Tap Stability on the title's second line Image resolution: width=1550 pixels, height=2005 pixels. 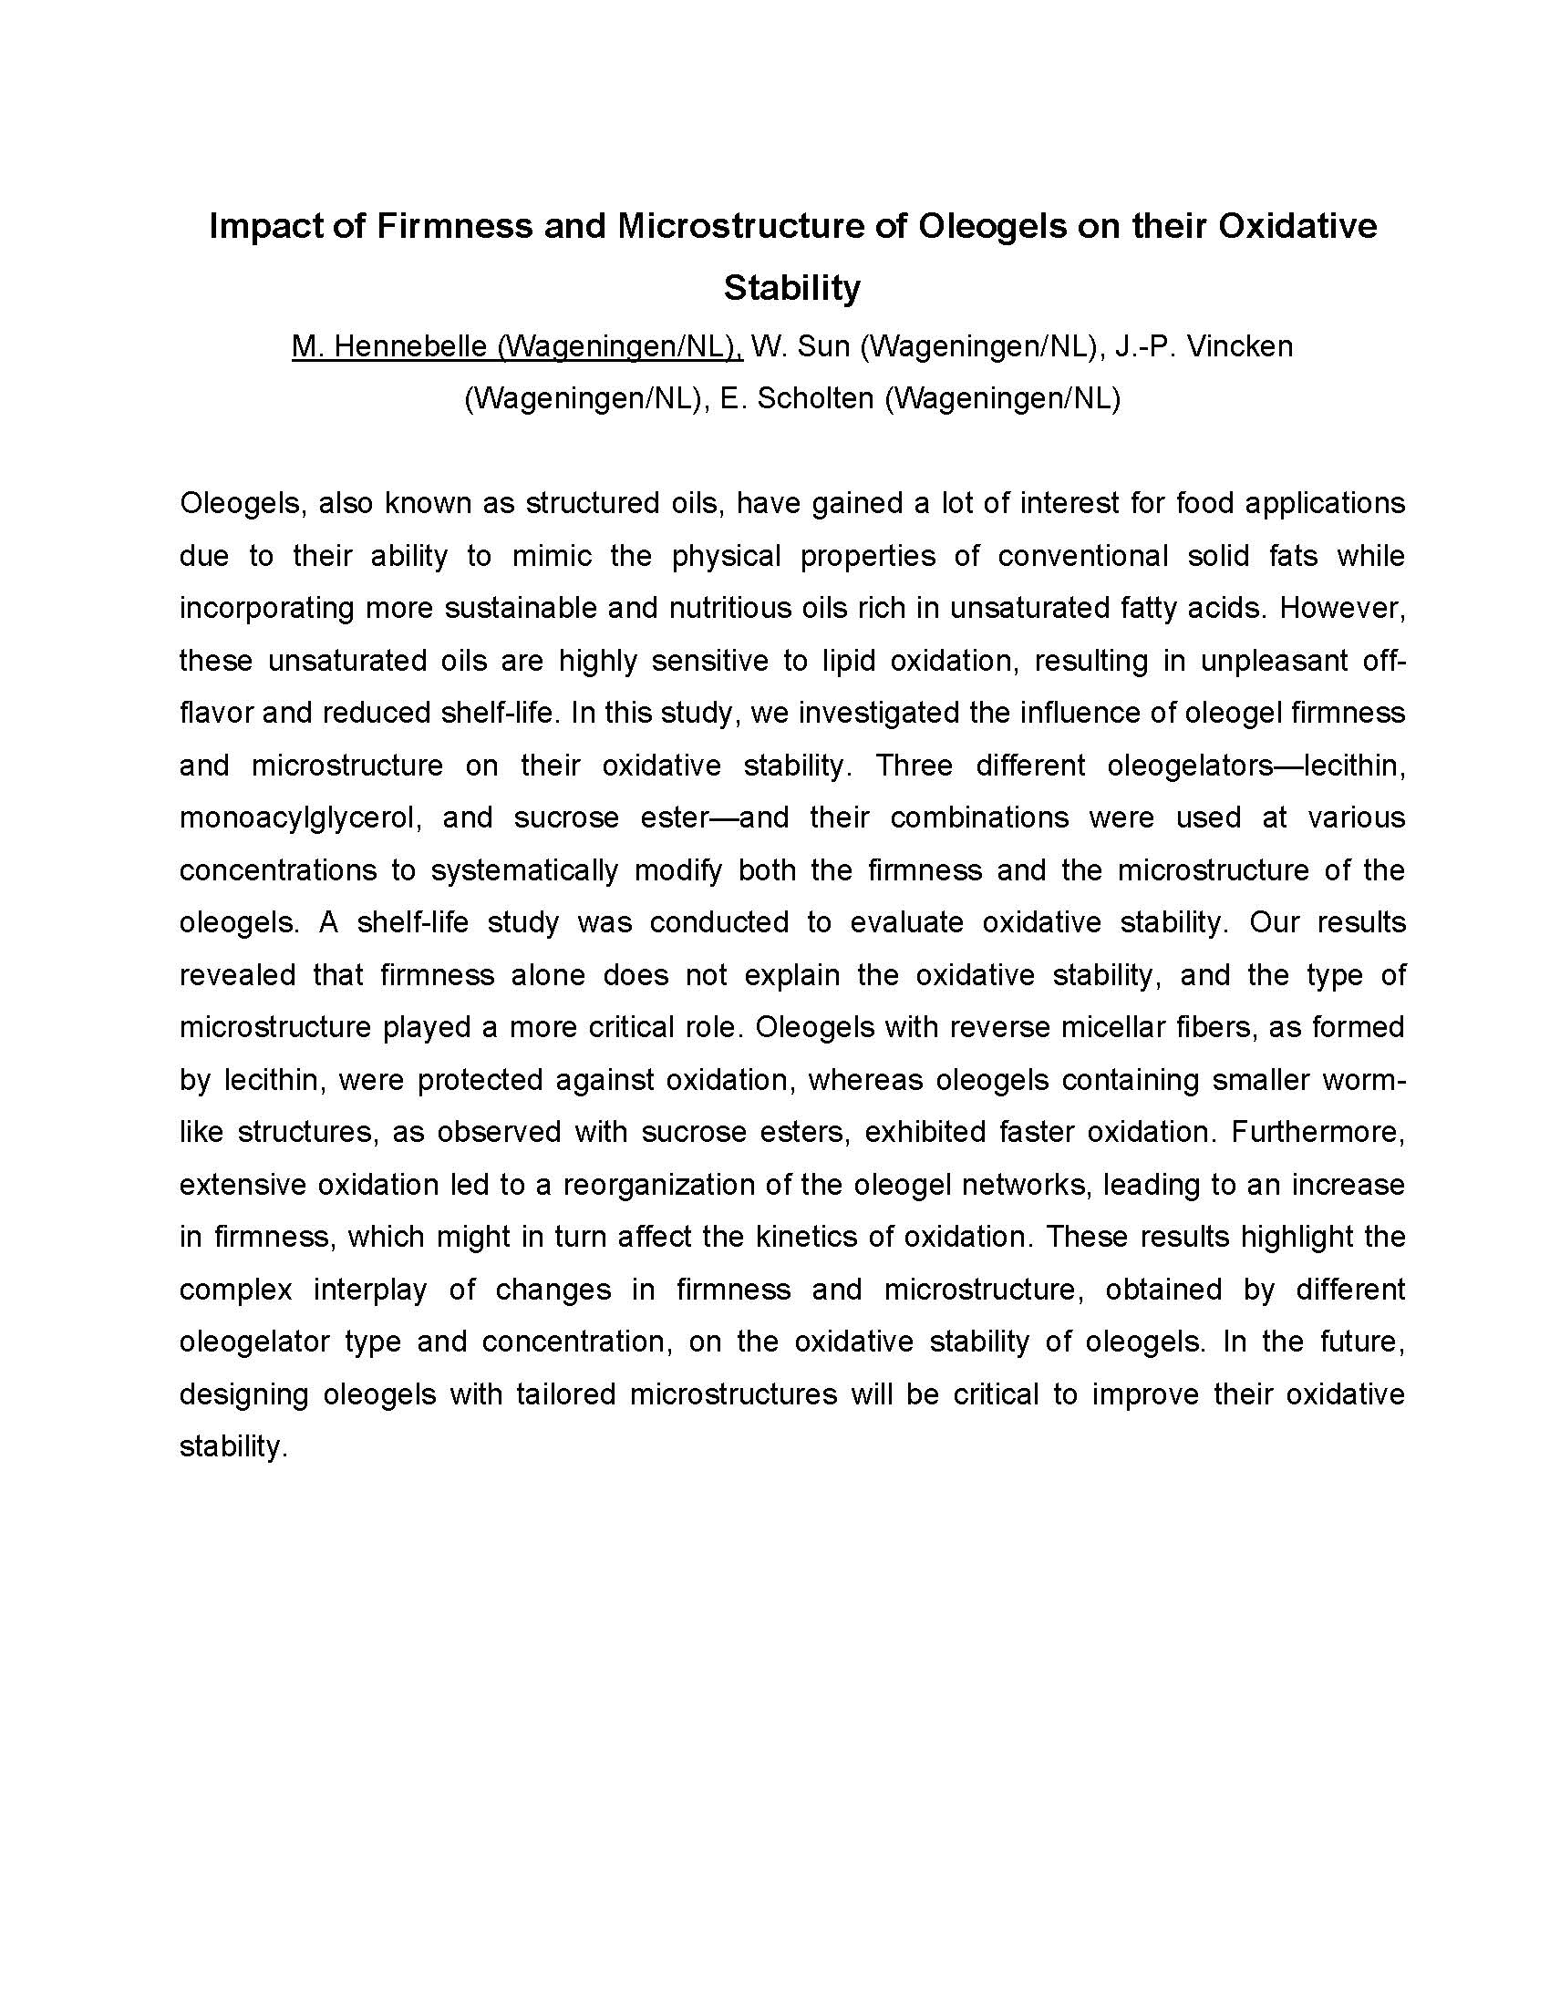[791, 288]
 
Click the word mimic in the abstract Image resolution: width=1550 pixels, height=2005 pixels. [551, 556]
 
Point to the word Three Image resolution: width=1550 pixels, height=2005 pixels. [914, 766]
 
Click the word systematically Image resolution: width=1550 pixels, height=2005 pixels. [524, 870]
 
